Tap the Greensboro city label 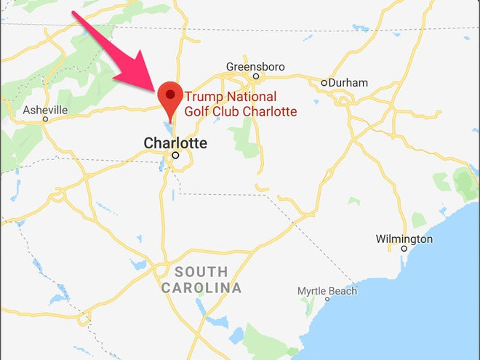255,66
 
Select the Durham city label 348,83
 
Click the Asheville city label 45,110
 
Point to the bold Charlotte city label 175,143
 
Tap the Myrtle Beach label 327,291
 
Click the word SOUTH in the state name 200,272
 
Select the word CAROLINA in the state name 201,288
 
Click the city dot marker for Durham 324,83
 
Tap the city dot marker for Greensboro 255,76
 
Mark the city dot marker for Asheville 45,119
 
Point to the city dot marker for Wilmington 404,249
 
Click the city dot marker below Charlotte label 175,154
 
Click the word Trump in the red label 201,97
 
